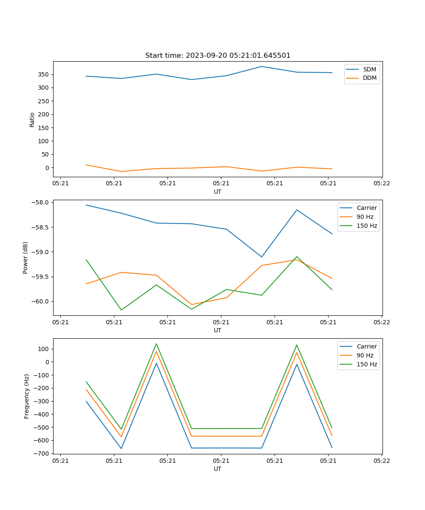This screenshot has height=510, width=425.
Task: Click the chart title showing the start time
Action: click(x=218, y=56)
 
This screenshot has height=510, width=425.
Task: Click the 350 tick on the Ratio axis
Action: click(x=44, y=75)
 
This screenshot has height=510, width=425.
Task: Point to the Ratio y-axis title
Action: click(x=32, y=119)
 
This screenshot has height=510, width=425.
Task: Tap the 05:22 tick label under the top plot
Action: click(x=382, y=184)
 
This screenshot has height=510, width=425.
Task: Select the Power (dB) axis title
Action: click(x=25, y=258)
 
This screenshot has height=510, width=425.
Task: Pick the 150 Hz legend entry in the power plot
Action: click(x=367, y=226)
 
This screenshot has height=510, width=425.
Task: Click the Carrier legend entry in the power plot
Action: click(x=367, y=208)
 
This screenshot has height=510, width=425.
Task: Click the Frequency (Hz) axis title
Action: click(x=27, y=396)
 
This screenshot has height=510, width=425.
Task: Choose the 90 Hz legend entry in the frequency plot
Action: click(x=365, y=355)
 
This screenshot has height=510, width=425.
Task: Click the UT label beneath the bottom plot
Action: click(x=218, y=469)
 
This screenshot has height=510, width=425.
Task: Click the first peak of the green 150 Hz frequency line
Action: click(x=156, y=344)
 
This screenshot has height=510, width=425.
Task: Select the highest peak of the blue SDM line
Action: click(x=262, y=66)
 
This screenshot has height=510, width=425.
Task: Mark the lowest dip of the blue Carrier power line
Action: click(x=262, y=257)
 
